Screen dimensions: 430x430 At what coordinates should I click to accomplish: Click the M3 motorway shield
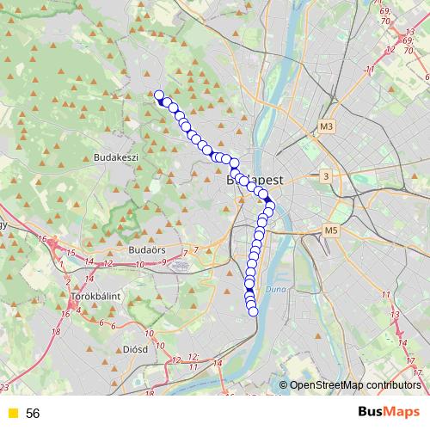[x=325, y=127]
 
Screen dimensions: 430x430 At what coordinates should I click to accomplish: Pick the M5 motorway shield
[x=332, y=230]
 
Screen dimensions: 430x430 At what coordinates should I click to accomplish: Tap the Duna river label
[x=273, y=290]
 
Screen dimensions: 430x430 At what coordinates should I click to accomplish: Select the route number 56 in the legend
[x=33, y=414]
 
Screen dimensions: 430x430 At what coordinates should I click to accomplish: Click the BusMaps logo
[x=388, y=413]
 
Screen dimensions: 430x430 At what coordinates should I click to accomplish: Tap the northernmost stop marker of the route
[x=158, y=95]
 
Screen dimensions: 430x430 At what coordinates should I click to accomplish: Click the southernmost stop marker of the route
[x=254, y=311]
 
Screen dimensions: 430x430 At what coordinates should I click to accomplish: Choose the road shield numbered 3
[x=325, y=176]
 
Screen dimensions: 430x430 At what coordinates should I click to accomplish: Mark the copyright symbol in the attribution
[x=284, y=385]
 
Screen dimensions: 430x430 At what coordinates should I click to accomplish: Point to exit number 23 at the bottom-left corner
[x=5, y=389]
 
